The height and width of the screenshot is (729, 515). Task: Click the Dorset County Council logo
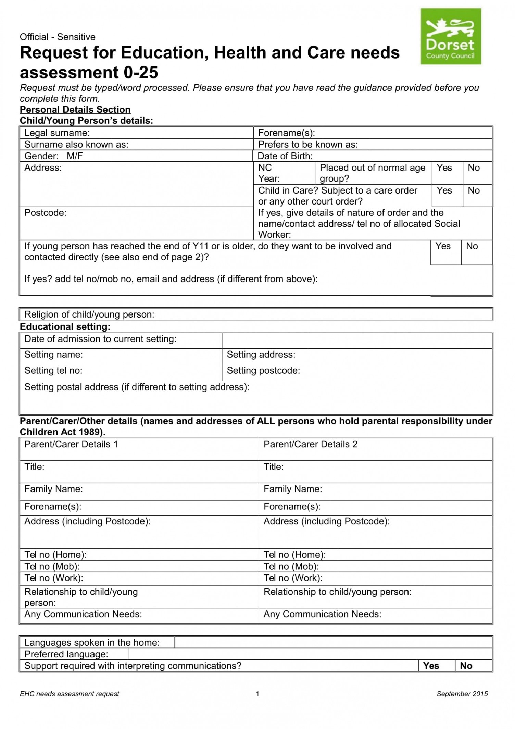tap(451, 36)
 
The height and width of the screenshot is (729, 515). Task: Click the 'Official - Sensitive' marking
tap(58, 37)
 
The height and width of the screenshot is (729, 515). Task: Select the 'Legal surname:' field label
tap(57, 133)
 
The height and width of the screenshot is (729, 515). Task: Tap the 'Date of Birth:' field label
tap(285, 156)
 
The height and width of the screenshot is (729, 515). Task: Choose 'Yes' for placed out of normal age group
tap(444, 168)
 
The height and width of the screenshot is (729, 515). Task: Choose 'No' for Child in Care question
tap(474, 190)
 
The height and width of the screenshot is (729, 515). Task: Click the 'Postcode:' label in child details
tap(45, 213)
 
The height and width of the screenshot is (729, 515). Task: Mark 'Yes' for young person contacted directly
tap(443, 246)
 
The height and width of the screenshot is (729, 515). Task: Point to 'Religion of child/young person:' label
tap(89, 314)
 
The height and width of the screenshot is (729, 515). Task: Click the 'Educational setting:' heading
tap(65, 327)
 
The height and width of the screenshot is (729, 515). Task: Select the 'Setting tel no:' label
tap(53, 371)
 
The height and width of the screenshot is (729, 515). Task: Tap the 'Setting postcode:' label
tap(263, 371)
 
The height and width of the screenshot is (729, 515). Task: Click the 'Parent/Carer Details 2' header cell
tap(310, 445)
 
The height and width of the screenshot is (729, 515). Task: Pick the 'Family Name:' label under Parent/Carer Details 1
tap(53, 489)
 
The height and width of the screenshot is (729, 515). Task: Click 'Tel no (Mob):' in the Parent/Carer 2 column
tap(291, 567)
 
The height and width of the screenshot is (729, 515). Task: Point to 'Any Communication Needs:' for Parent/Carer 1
tap(83, 614)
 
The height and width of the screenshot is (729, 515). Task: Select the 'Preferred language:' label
tap(66, 654)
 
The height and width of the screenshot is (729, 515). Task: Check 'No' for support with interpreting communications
tap(466, 666)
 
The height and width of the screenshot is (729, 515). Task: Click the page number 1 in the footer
tap(257, 694)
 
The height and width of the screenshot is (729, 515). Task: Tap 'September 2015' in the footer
tap(462, 694)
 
